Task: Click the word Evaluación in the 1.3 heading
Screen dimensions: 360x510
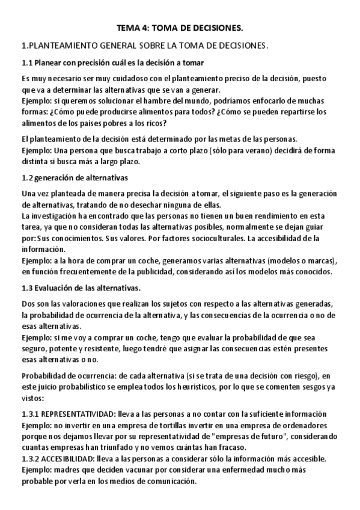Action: [54, 288]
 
